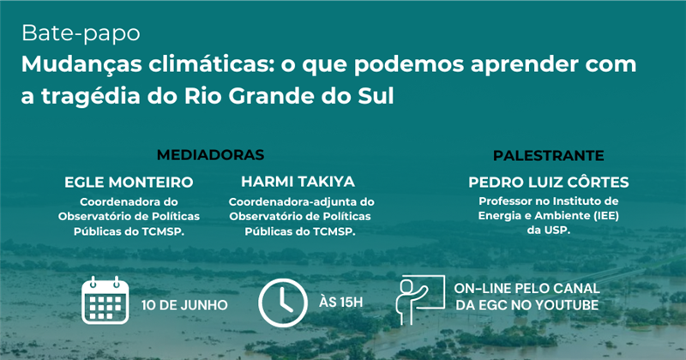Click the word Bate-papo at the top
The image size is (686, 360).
[81, 36]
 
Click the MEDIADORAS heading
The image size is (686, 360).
[209, 155]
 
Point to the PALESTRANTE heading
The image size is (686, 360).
[548, 155]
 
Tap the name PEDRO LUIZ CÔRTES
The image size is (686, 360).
[549, 183]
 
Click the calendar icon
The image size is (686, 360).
[105, 300]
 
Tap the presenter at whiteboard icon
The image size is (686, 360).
[419, 298]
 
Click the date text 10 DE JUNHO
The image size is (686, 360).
[184, 305]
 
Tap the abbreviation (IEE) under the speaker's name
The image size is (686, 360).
[600, 216]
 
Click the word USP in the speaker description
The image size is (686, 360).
[557, 231]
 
